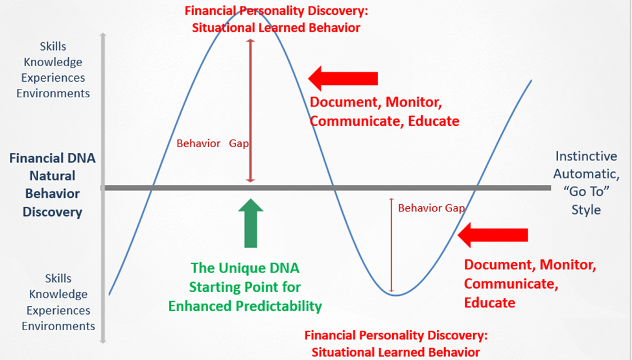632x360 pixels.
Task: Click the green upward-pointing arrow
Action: click(x=251, y=223)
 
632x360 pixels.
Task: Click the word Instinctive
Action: click(x=586, y=156)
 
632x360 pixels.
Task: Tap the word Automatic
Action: click(x=586, y=174)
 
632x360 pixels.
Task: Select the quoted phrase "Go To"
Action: click(x=586, y=191)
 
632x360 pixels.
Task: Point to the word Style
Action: click(x=586, y=210)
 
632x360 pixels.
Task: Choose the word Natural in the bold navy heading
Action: click(x=53, y=176)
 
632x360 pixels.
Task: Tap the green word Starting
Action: click(x=215, y=287)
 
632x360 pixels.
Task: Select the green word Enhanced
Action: click(x=200, y=306)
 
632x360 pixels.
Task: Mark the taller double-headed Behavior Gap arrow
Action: click(x=251, y=111)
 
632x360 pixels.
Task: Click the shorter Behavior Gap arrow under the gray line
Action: click(x=391, y=245)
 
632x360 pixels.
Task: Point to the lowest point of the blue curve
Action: click(x=396, y=296)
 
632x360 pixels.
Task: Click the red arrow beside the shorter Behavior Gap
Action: click(x=493, y=235)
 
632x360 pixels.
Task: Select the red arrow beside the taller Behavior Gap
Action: click(x=343, y=78)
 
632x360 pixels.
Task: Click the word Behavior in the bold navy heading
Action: click(x=53, y=193)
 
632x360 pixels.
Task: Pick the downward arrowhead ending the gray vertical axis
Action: click(x=103, y=341)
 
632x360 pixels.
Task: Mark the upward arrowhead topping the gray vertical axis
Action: click(x=103, y=36)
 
